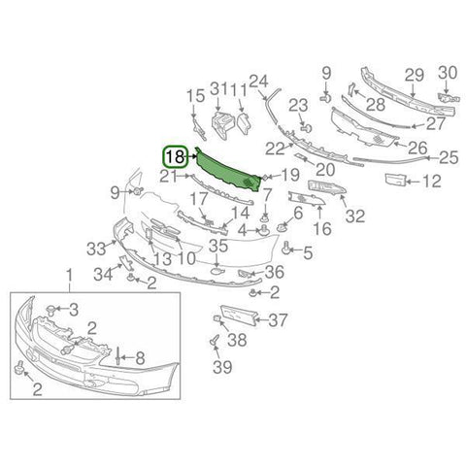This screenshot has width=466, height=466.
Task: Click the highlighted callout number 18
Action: coord(175,157)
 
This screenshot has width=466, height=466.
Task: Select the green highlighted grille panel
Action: coord(229,171)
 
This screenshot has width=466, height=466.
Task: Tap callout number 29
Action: coord(415,76)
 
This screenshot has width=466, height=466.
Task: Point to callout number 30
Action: coord(448,73)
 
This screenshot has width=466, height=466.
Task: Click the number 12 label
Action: coord(431,182)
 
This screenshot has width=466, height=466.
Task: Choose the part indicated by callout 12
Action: coord(395,180)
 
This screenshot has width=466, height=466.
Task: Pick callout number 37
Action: coord(278,320)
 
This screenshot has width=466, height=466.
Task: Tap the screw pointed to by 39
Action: coord(214,341)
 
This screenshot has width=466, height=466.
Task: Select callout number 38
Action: coord(237,340)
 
